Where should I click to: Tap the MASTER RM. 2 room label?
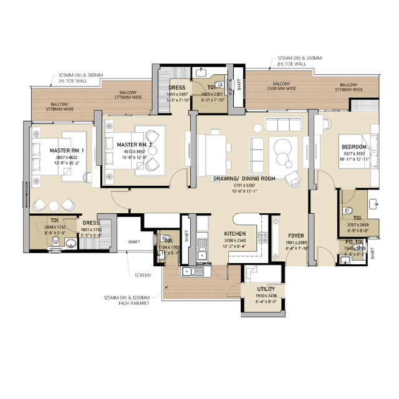point(135,145)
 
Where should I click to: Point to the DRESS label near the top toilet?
point(177,88)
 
